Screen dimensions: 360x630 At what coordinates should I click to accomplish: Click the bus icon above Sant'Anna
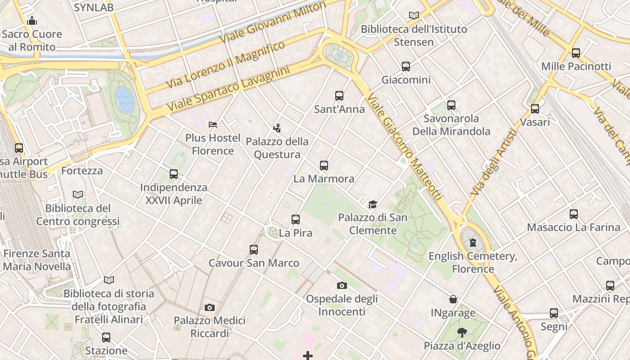pos(339,95)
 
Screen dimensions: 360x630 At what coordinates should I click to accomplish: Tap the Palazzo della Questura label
pos(277,148)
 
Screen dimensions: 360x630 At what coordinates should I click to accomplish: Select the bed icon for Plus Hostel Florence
pos(213,124)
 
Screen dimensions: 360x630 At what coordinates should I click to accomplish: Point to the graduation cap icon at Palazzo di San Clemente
pos(373,204)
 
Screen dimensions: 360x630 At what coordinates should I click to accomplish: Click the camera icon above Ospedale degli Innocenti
pos(342,285)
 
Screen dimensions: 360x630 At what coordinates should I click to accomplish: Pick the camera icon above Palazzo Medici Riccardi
pos(209,308)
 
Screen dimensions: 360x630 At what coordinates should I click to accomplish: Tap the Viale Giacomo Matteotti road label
pos(404,147)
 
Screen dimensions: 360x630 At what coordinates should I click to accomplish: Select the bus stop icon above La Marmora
pos(324,165)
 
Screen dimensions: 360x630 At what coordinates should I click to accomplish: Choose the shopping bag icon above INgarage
pos(453,299)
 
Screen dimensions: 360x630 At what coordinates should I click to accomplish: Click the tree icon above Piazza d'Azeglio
pos(462,333)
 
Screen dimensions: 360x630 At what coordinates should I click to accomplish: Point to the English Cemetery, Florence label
pos(473,262)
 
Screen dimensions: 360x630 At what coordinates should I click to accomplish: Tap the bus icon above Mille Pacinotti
pos(576,53)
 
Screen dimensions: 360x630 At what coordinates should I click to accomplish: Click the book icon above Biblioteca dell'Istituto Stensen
pos(414,15)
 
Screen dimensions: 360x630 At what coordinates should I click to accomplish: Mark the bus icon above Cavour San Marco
pos(254,249)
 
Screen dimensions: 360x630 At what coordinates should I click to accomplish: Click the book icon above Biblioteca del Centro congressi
pos(78,194)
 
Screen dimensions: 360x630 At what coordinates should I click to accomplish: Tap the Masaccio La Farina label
pos(573,227)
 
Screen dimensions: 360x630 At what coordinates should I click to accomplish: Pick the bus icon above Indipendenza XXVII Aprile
pos(174,174)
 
